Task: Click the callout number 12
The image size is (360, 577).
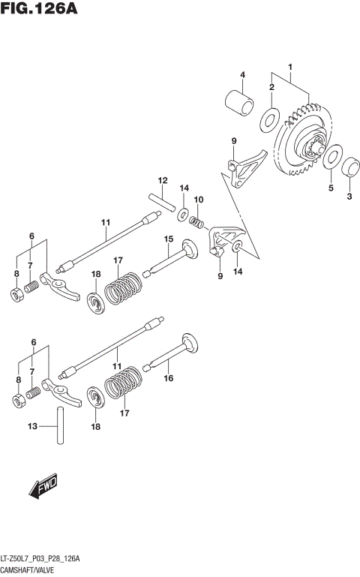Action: click(160, 180)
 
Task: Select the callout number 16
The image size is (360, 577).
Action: click(169, 379)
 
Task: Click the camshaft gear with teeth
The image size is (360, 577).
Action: click(304, 146)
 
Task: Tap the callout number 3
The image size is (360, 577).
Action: click(349, 197)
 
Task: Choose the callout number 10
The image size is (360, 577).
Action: click(199, 199)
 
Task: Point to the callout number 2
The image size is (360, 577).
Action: click(271, 88)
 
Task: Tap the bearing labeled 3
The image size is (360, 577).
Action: click(350, 167)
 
